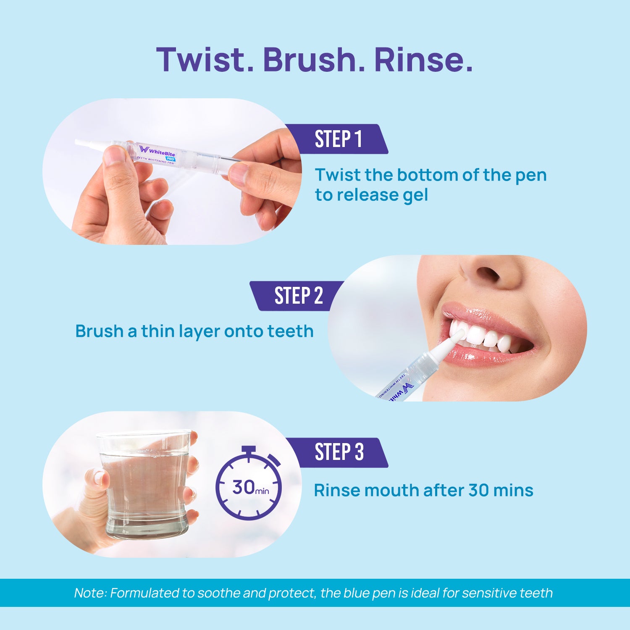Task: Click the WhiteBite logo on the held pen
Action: tap(157, 151)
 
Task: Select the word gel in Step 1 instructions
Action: tap(415, 196)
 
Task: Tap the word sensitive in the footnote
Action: tap(489, 593)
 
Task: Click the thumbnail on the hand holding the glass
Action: tap(100, 478)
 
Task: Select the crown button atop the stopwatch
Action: tap(249, 449)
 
